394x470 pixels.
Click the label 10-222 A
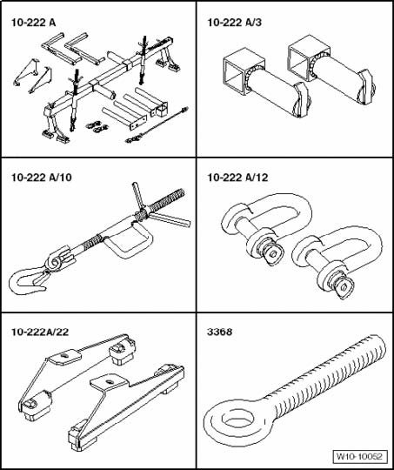pyautogui.click(x=33, y=23)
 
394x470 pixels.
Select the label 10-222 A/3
pyautogui.click(x=234, y=23)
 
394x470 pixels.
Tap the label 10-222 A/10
pyautogui.click(x=42, y=178)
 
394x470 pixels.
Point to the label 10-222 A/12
pyautogui.click(x=238, y=178)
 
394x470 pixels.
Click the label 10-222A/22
pyautogui.click(x=40, y=332)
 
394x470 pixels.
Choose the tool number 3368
pyautogui.click(x=219, y=332)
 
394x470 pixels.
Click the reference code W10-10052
pyautogui.click(x=359, y=457)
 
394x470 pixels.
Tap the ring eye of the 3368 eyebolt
pyautogui.click(x=213, y=420)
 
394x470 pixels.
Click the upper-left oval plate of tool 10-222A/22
pyautogui.click(x=65, y=357)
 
